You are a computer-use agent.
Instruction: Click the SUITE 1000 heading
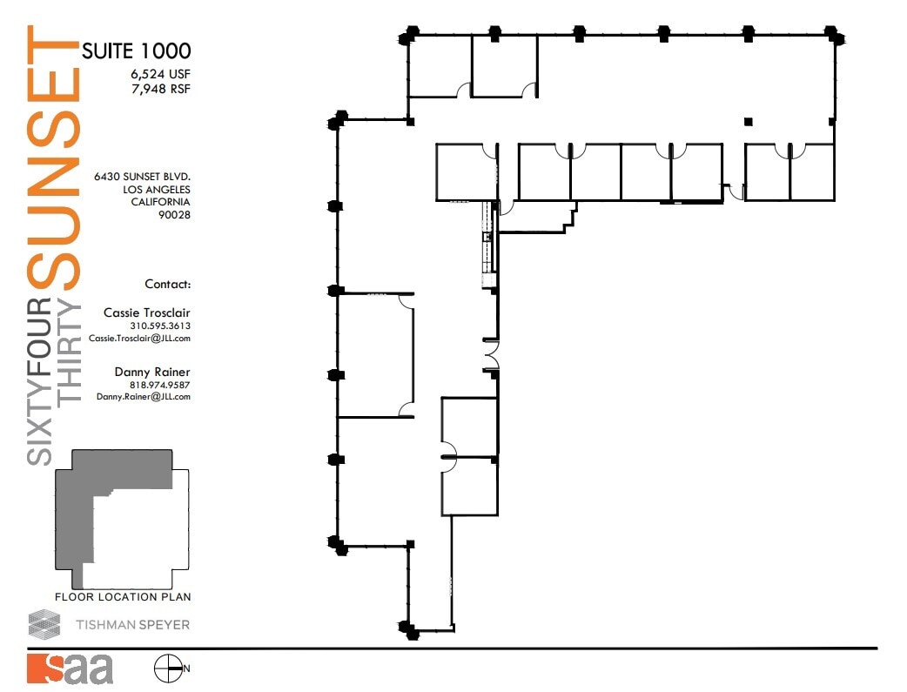[136, 50]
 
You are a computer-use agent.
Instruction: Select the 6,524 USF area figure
[161, 74]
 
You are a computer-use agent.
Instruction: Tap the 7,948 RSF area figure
[161, 89]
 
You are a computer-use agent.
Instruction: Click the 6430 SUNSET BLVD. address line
[142, 176]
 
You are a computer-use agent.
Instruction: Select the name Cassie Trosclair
[146, 312]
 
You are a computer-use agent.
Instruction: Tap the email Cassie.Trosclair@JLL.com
[139, 339]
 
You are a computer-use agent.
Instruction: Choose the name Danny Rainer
[152, 372]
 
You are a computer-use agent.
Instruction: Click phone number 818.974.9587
[160, 385]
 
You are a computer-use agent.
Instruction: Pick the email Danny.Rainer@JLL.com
[143, 397]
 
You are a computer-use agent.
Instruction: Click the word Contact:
[167, 284]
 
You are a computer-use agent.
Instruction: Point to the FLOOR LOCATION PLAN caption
[123, 597]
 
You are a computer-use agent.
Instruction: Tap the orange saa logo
[70, 668]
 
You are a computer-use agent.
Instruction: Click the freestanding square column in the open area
[748, 121]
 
